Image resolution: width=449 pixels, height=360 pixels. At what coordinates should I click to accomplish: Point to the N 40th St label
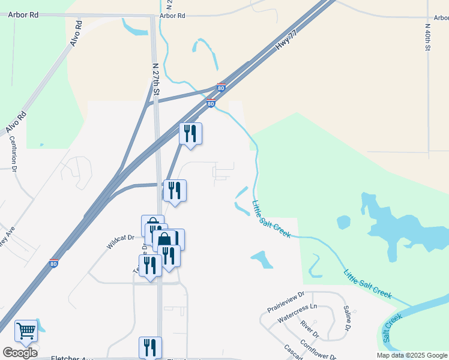coord(428,38)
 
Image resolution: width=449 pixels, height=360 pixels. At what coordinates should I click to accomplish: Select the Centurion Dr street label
coord(12,153)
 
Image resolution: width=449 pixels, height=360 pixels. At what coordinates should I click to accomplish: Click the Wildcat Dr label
coord(120,241)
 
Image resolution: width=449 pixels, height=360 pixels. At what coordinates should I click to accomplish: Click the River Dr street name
coord(309,329)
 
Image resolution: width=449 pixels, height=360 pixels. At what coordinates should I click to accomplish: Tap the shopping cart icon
coord(26,330)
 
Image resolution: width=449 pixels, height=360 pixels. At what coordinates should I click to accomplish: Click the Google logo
coord(20,352)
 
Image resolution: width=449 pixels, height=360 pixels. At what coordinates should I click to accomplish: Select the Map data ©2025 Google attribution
coord(411,355)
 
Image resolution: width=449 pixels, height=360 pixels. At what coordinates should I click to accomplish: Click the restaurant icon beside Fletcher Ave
coord(150,347)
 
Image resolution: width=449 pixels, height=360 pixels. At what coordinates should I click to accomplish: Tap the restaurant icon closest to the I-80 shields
coord(191,133)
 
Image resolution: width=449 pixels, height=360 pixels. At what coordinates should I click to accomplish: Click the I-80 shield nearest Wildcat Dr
coord(53,263)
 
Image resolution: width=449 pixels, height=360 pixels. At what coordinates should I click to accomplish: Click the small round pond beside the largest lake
coord(343,223)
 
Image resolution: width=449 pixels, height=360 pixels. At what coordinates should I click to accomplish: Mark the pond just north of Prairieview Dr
coord(262,259)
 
